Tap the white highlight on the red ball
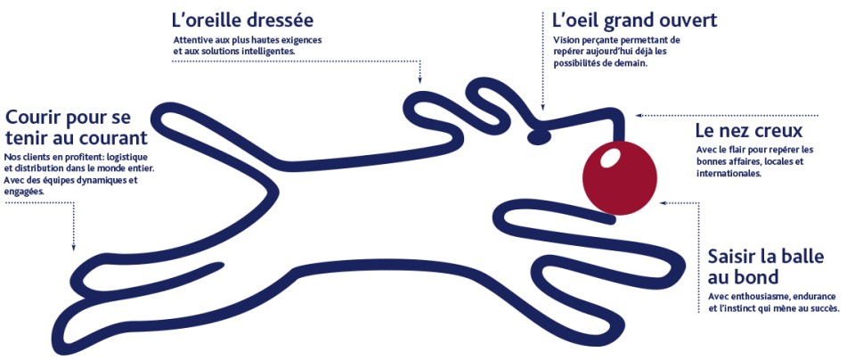610,159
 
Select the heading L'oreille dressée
241,20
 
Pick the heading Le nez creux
748,129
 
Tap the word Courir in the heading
35,118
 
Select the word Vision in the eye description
566,41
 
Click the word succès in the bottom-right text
821,308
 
